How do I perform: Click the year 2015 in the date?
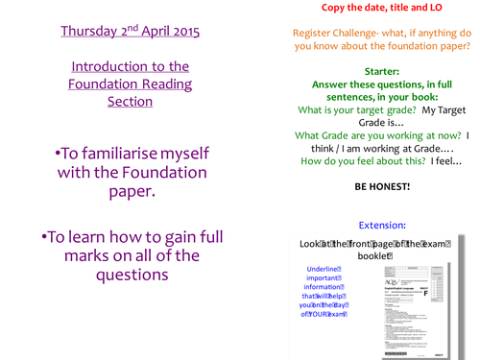click(180, 31)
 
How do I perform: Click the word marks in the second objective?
click(75, 255)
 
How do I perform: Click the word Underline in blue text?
click(323, 269)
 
